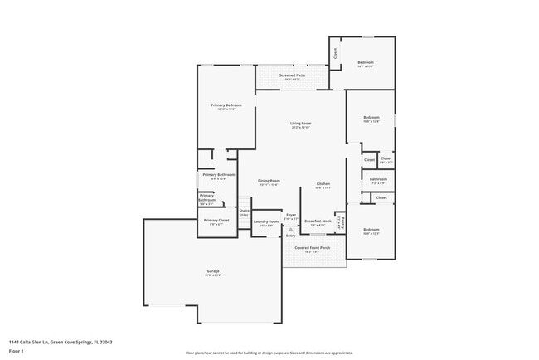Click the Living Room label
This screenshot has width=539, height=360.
300,124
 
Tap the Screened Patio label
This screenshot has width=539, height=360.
293,75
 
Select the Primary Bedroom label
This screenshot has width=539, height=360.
226,105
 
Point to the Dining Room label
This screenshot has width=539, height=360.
269,181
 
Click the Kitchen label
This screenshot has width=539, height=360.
323,183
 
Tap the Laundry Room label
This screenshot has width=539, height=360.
265,221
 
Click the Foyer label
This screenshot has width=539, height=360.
291,215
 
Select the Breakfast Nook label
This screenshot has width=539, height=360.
318,221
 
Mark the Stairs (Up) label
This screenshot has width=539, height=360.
244,212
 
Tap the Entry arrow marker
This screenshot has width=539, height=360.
290,234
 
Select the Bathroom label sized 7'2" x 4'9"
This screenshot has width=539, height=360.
378,179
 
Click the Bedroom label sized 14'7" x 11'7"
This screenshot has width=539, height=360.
366,63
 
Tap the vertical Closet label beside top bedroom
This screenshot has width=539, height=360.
335,52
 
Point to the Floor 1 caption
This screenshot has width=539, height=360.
17,351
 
